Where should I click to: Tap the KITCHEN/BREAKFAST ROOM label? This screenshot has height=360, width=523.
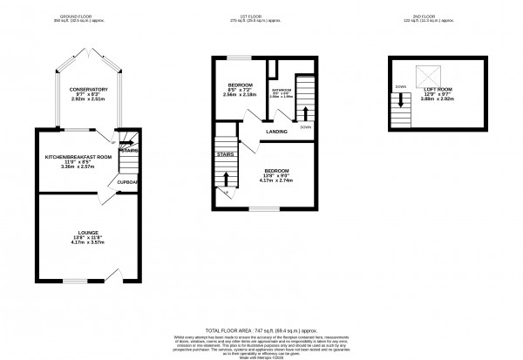[79, 156]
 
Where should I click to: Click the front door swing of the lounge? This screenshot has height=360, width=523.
[113, 276]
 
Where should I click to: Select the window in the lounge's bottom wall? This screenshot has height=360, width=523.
[74, 282]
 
